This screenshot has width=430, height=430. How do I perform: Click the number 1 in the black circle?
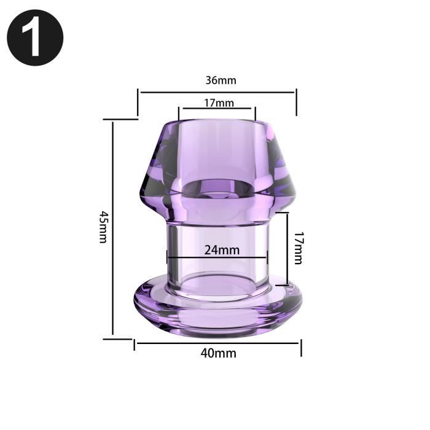[x=34, y=38]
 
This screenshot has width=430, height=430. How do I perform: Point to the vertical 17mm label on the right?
[x=297, y=248]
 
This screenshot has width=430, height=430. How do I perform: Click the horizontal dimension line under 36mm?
[x=217, y=93]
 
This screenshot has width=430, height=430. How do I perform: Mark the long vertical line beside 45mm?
[x=113, y=229]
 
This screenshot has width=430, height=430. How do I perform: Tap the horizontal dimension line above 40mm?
[x=217, y=343]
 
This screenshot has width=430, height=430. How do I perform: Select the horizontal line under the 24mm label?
[x=217, y=257]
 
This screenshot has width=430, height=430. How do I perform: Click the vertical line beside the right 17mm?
[x=286, y=249]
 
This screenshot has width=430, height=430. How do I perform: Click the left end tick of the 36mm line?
[x=138, y=102]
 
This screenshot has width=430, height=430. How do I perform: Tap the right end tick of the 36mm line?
[x=296, y=102]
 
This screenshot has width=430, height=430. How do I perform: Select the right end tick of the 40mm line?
[x=300, y=346]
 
